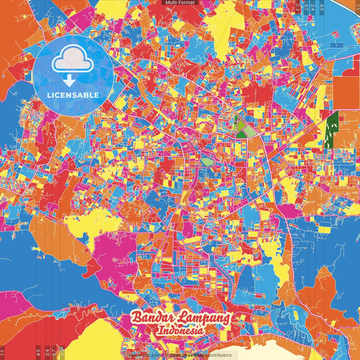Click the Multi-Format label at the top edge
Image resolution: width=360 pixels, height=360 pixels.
[180, 3]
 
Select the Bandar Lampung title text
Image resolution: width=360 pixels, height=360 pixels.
[180, 318]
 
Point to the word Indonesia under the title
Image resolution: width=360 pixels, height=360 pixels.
[180, 331]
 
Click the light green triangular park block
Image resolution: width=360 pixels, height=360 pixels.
[244, 129]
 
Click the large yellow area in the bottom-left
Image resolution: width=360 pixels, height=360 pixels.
[95, 338]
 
